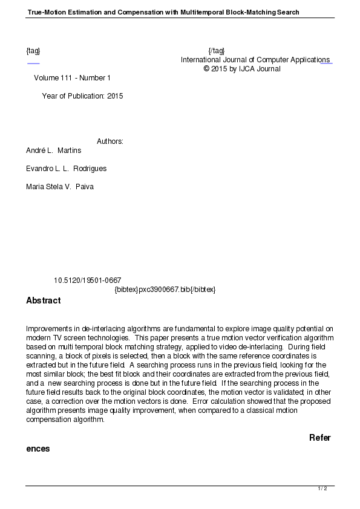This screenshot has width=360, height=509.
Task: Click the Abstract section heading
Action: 43,300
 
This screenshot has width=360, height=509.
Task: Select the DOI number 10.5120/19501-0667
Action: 87,280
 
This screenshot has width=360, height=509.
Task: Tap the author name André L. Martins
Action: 53,150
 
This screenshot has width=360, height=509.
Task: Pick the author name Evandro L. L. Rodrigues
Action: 66,168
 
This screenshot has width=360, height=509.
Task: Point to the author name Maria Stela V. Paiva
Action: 60,186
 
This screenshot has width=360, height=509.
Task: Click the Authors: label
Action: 110,141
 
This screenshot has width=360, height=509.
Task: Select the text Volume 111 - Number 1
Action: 72,78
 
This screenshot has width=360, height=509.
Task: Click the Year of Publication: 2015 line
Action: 82,96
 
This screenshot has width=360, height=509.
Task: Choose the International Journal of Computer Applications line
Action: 255,60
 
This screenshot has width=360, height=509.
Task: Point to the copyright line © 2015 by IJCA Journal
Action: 242,69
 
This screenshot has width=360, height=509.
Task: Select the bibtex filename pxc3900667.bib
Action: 165,290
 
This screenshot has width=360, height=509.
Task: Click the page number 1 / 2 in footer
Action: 322,488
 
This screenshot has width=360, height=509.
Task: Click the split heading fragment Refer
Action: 319,438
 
